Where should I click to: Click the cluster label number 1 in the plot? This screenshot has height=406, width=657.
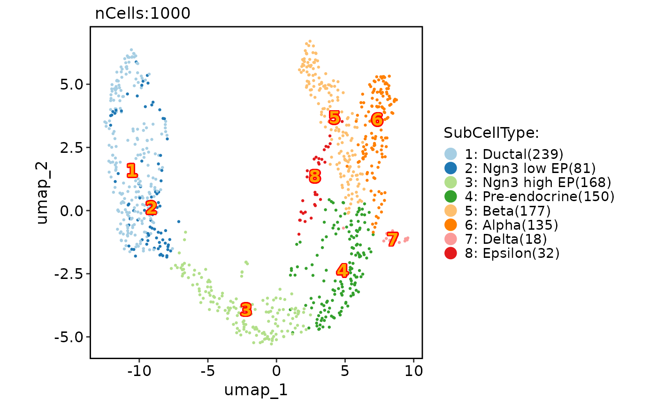coord(132,171)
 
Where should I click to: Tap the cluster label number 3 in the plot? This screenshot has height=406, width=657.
coord(246,309)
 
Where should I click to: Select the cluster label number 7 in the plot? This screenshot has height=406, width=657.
coord(393,239)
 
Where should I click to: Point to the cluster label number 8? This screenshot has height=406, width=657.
coord(315,176)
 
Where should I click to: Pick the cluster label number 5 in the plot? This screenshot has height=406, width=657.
coord(334,118)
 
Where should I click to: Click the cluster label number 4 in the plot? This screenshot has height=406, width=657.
coord(343,271)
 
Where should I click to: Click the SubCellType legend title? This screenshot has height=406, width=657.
coord(491,133)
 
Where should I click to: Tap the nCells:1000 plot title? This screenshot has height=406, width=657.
coord(143,14)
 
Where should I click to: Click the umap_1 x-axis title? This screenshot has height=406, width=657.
coord(256,390)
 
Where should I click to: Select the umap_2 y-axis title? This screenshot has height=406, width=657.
coord(42,191)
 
